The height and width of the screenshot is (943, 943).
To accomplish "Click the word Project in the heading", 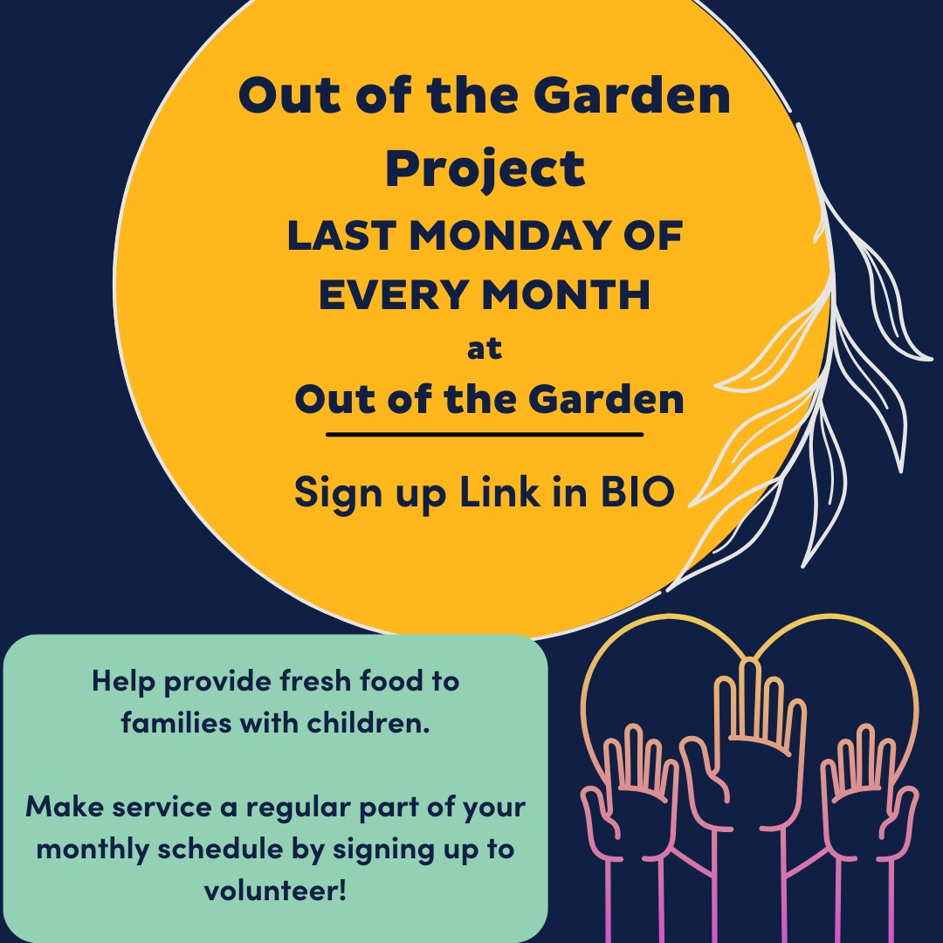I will (485, 169).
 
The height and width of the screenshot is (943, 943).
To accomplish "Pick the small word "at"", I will (485, 349).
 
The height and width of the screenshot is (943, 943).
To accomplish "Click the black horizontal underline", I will (485, 433).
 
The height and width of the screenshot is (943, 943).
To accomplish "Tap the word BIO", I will (637, 493).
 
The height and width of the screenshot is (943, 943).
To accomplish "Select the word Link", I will (499, 493).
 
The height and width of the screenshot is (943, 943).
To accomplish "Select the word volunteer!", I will (275, 891).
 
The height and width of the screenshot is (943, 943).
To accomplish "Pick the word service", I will (169, 807).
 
